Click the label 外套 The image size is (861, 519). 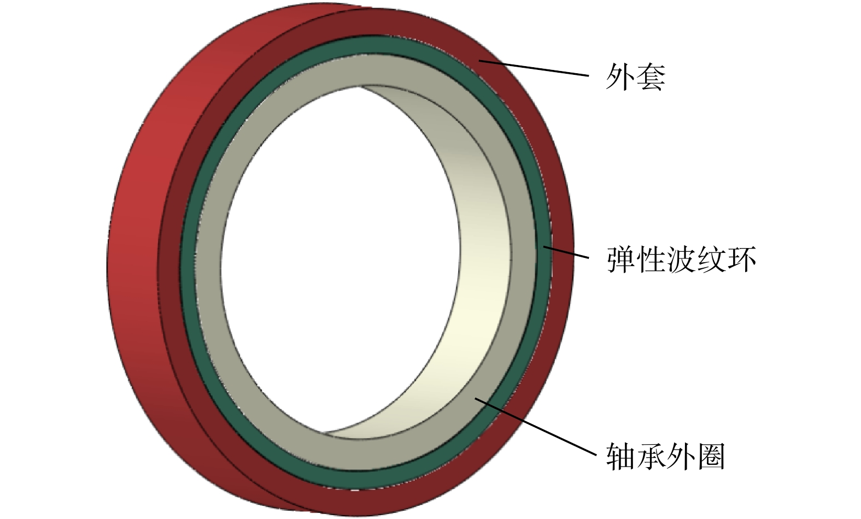635,77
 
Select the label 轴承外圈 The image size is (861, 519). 665,457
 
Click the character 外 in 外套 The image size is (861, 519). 620,77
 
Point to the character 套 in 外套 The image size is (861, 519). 651,77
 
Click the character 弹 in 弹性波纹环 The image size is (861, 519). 621,259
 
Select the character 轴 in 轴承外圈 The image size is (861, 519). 621,457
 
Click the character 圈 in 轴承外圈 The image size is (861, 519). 711,457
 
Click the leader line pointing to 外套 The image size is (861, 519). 534,68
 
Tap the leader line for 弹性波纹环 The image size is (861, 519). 566,252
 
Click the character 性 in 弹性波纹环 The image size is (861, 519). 651,259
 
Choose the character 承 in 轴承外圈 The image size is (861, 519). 651,457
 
